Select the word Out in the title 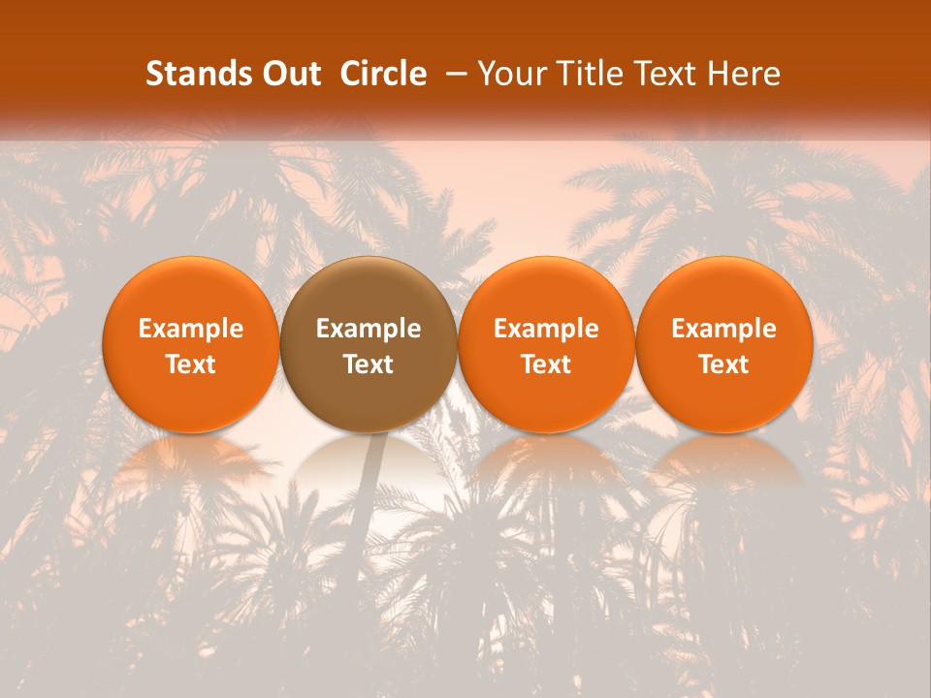pyautogui.click(x=290, y=74)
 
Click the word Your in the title pyautogui.click(x=507, y=74)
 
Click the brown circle pyautogui.click(x=369, y=344)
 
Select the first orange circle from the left pyautogui.click(x=190, y=344)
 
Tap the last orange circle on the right pyautogui.click(x=723, y=344)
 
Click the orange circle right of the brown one pyautogui.click(x=546, y=344)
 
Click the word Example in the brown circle pyautogui.click(x=369, y=329)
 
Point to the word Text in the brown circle pyautogui.click(x=369, y=365)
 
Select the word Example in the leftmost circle pyautogui.click(x=190, y=329)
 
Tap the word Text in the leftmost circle pyautogui.click(x=190, y=365)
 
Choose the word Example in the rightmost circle pyautogui.click(x=723, y=329)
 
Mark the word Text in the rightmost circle pyautogui.click(x=723, y=365)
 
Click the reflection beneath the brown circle pyautogui.click(x=369, y=465)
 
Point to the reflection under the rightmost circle pyautogui.click(x=723, y=463)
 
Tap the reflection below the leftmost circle pyautogui.click(x=190, y=463)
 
